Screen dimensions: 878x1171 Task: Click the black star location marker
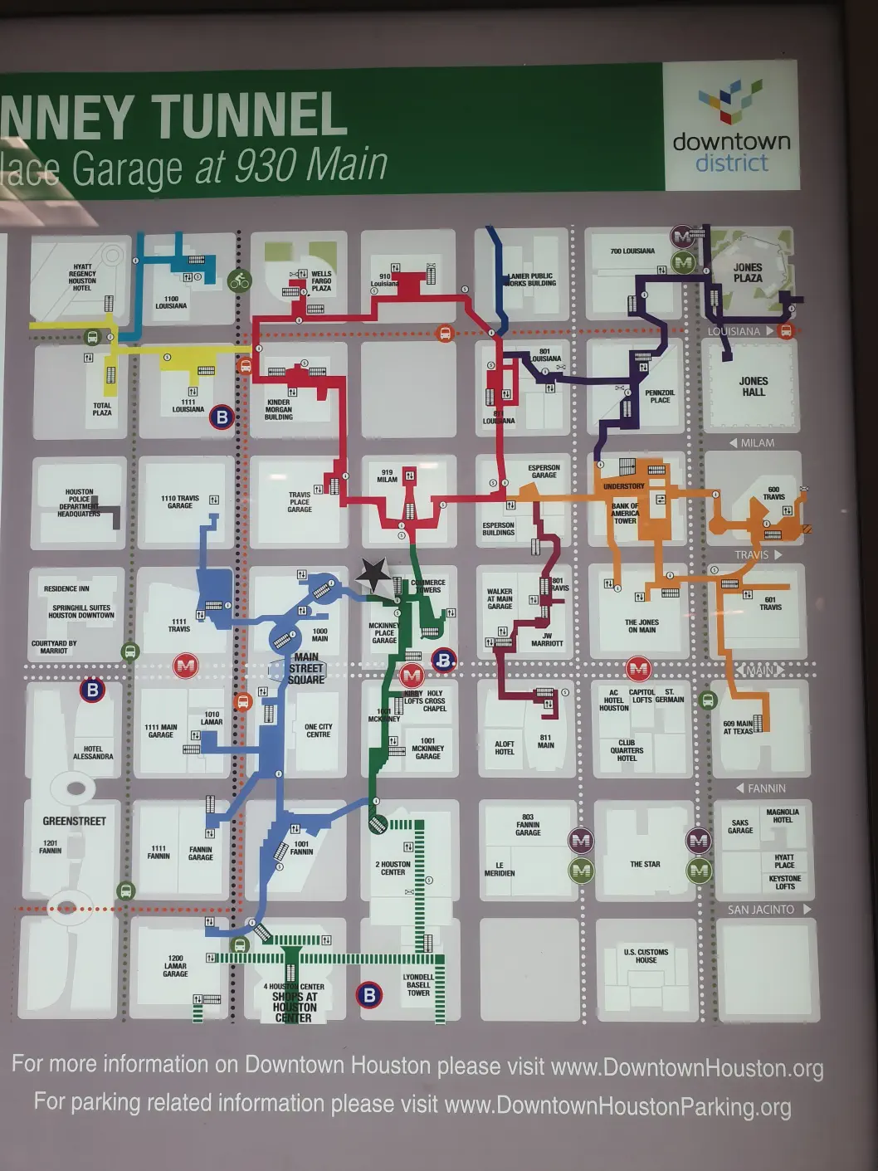point(373,573)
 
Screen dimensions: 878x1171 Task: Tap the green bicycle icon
point(240,281)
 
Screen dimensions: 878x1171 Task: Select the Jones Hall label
point(754,387)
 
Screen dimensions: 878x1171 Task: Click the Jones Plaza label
point(747,272)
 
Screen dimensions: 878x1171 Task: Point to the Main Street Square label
point(306,668)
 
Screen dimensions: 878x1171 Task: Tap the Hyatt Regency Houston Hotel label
point(82,277)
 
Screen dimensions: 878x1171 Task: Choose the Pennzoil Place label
point(660,397)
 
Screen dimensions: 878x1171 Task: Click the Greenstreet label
point(75,821)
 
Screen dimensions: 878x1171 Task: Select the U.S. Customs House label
point(646,956)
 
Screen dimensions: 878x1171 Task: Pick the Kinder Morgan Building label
point(279,409)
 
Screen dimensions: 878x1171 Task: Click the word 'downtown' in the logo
point(731,141)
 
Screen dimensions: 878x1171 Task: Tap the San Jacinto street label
point(761,910)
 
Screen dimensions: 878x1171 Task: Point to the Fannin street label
point(766,788)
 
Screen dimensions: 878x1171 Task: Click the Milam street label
point(757,443)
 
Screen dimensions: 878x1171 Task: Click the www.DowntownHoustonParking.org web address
point(617,1105)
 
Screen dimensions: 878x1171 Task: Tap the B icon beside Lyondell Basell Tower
point(369,994)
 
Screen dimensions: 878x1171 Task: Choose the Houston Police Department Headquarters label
point(79,503)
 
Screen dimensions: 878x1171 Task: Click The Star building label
point(645,864)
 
